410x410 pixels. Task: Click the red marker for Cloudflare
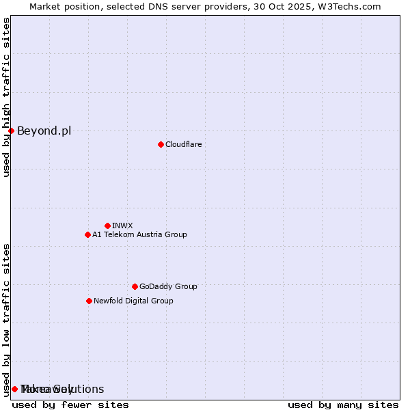pos(161,144)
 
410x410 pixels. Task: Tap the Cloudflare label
pos(183,144)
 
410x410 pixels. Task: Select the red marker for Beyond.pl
pos(11,131)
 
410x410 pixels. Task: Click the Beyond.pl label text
pos(44,131)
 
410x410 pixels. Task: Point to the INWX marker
pos(107,225)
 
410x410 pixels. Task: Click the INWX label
pos(122,225)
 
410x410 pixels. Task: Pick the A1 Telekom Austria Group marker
pos(87,234)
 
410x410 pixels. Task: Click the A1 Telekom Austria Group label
pos(139,234)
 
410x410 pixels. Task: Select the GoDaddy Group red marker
pos(135,286)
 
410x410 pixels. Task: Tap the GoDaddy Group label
pos(167,286)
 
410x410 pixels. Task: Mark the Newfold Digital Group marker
pos(89,301)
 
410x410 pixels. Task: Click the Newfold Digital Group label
pos(133,301)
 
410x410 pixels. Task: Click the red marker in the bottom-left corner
pos(14,389)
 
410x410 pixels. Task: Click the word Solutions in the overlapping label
pos(81,389)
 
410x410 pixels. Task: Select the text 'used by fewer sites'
pos(70,405)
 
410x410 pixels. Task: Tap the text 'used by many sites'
pos(343,405)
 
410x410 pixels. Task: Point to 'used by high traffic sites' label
pos(6,97)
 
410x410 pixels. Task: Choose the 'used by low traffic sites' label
pos(6,319)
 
